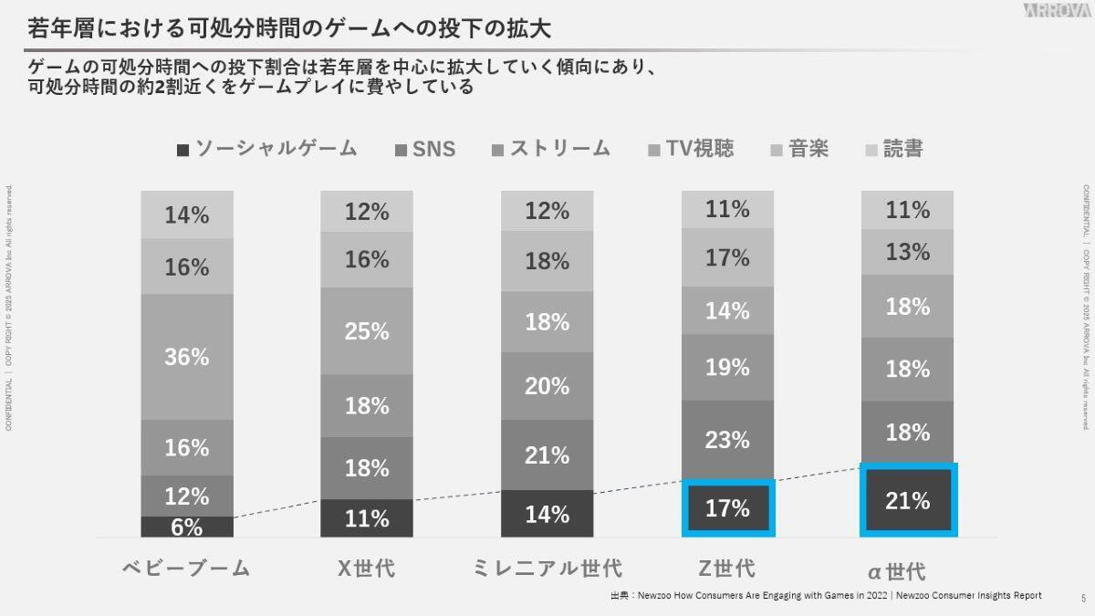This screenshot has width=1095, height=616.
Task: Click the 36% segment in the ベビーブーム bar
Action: click(187, 357)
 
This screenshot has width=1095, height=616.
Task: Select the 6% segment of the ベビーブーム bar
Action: click(187, 527)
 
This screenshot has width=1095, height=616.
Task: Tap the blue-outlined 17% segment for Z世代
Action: click(727, 508)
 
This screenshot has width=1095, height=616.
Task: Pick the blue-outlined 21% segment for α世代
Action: click(907, 500)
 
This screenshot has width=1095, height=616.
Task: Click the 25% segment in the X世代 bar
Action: click(367, 331)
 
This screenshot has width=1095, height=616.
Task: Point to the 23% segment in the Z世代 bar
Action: click(727, 440)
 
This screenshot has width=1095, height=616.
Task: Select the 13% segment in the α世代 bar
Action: click(907, 252)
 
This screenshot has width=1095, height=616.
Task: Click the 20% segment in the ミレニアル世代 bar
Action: click(547, 386)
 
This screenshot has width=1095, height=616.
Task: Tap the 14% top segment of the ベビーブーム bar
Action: click(187, 215)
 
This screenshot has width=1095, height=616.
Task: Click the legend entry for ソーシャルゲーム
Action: click(266, 149)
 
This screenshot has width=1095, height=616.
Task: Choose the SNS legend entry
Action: click(425, 149)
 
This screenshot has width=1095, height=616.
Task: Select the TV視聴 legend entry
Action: click(691, 149)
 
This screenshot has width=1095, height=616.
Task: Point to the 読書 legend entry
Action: click(893, 149)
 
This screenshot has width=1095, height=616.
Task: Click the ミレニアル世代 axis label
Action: click(547, 568)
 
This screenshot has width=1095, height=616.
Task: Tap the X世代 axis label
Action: click(367, 568)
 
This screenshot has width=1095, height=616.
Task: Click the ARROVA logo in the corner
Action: click(1056, 11)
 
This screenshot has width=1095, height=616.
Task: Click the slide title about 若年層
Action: click(289, 28)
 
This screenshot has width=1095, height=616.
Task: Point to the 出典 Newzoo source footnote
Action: click(826, 595)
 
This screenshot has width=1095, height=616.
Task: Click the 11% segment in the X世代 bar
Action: click(367, 518)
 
